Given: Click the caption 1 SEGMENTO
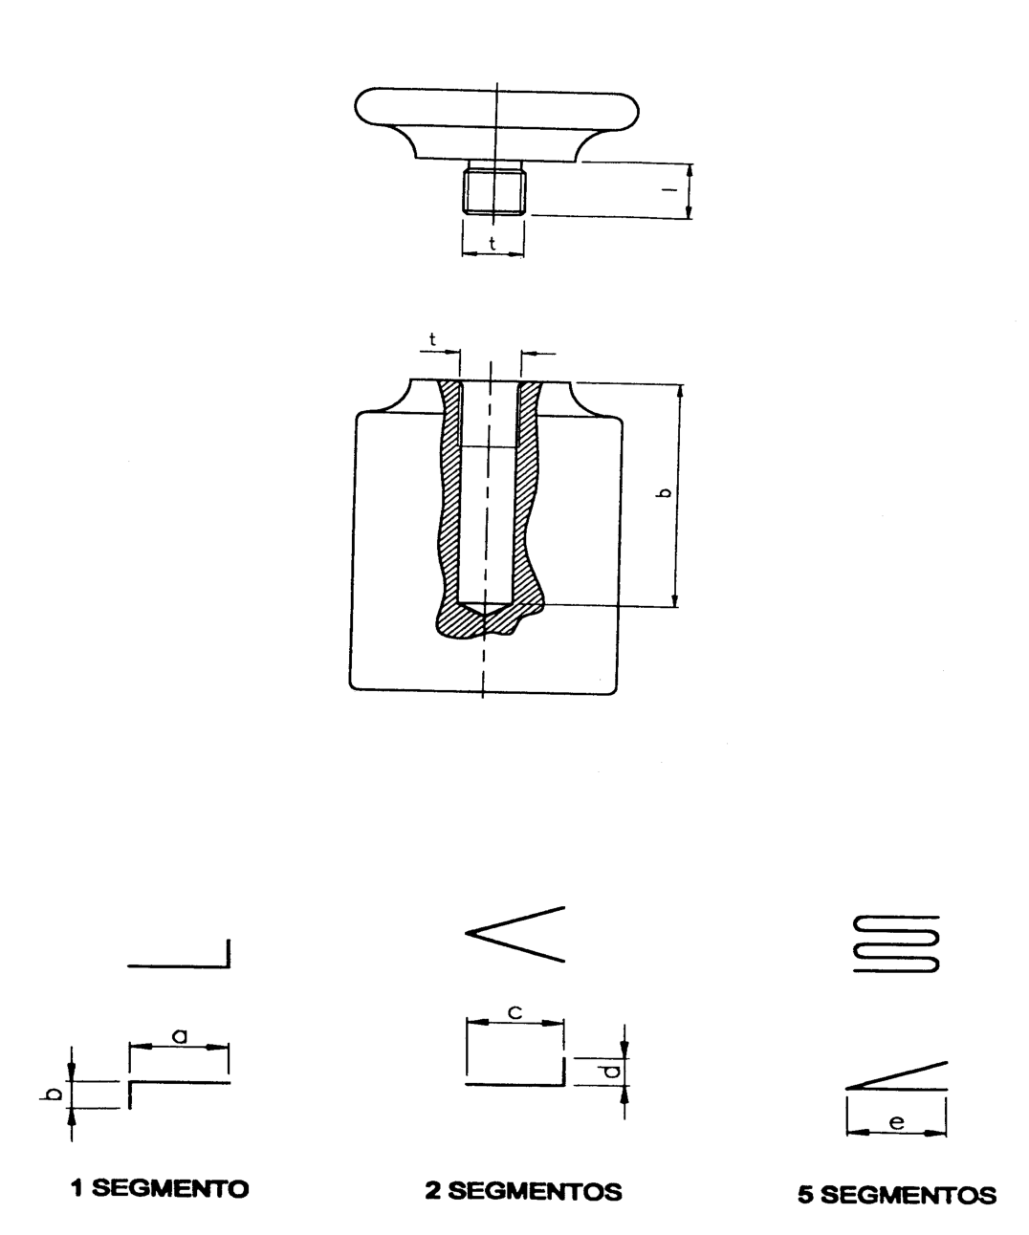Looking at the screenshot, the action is tap(160, 1188).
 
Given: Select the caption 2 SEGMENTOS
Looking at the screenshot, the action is tap(524, 1191).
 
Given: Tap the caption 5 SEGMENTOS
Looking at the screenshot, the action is tap(897, 1195).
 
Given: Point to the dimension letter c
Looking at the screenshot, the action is tap(514, 1012).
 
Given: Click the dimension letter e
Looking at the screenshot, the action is tap(897, 1121).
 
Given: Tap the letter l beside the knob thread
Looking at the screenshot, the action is tap(669, 189).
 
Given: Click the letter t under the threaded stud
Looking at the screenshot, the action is tap(493, 243).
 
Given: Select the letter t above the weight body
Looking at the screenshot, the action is tap(432, 339).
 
